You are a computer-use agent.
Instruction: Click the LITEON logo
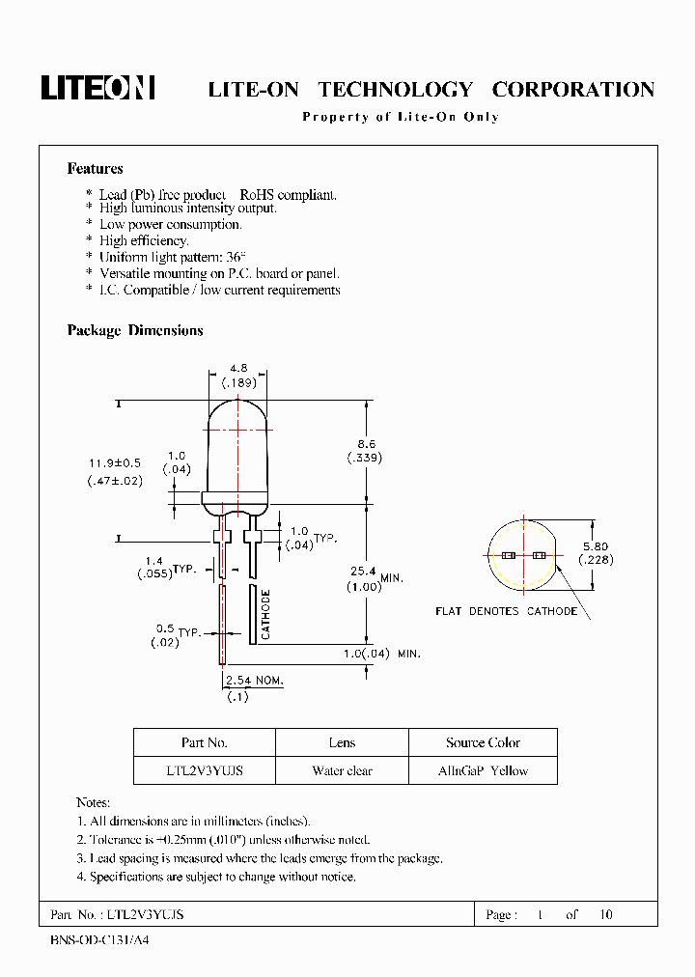coord(97,88)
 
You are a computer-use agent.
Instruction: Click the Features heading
coord(95,169)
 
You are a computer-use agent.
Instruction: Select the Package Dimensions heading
coord(135,330)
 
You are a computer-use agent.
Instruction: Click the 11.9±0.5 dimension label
coord(114,464)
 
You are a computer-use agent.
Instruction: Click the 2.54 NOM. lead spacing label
coord(255,681)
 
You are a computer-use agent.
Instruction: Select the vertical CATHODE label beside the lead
coord(265,615)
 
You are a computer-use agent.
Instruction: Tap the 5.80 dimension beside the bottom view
coord(595,545)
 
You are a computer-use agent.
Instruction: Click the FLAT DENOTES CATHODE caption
coord(506,611)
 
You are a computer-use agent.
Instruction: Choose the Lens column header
coord(342,742)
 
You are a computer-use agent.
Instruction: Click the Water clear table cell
coord(342,770)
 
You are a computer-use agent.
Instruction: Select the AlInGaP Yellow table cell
coord(483,770)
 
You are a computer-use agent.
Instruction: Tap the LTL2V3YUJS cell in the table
coord(204,770)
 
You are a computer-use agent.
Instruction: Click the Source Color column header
coord(483,742)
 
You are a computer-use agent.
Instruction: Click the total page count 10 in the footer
coord(605,914)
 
